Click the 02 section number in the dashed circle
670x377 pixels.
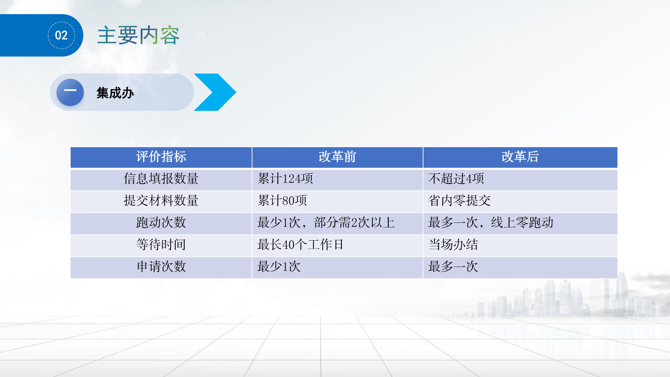61,35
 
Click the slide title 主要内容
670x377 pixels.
138,35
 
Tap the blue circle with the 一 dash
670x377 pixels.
70,92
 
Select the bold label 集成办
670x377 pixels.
115,93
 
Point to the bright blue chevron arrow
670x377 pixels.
215,92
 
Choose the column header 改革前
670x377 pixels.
337,157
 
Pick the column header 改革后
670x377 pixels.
520,157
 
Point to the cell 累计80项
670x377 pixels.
282,201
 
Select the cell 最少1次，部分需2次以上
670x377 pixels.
326,223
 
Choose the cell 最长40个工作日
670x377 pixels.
300,245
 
